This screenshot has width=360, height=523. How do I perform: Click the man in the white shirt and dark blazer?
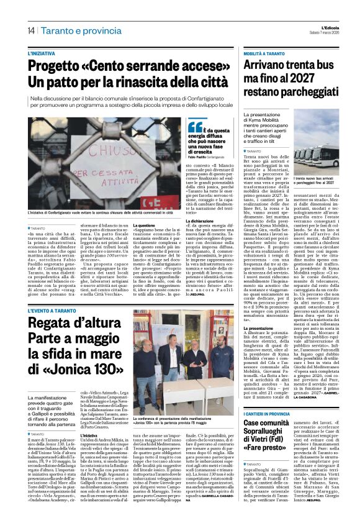click(175, 353)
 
